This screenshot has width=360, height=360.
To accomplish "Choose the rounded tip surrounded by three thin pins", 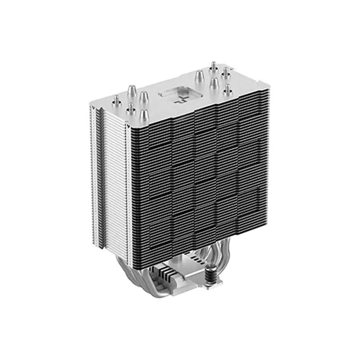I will (214, 84).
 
